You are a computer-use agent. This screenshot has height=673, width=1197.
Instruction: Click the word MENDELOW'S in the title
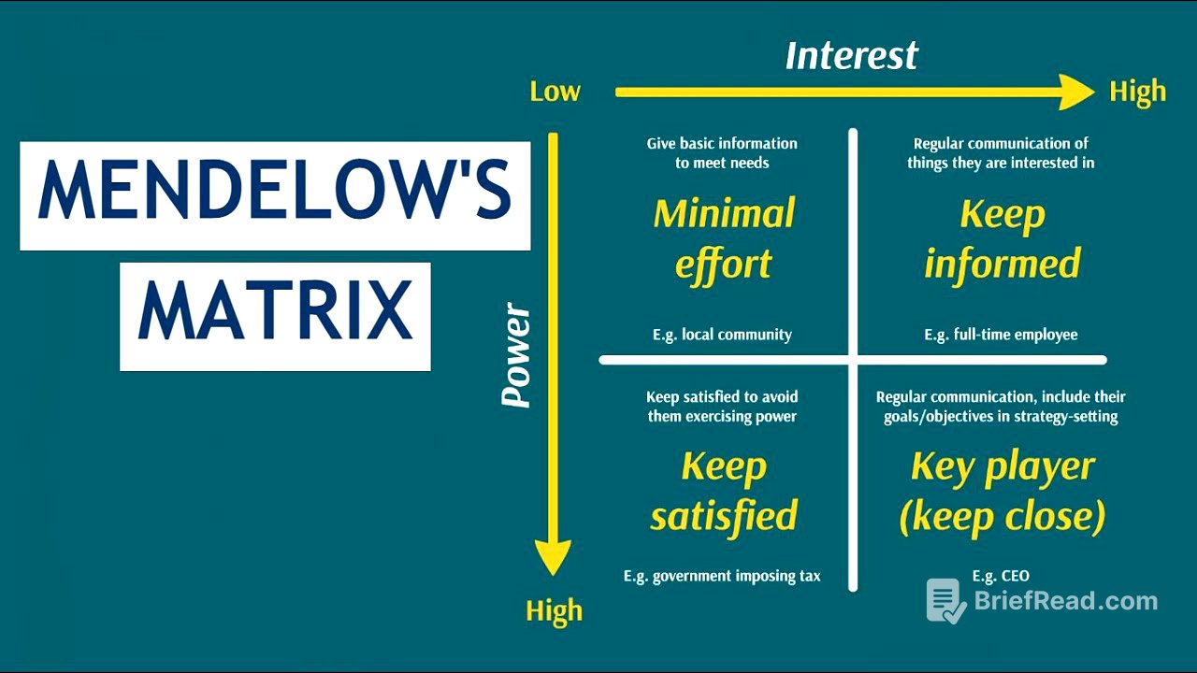tap(275, 194)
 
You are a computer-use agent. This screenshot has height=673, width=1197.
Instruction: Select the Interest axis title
tap(851, 55)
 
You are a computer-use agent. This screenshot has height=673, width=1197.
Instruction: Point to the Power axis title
tap(516, 356)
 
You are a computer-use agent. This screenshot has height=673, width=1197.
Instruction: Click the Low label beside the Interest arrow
tap(555, 92)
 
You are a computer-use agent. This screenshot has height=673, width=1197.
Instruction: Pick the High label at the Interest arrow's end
tap(1137, 92)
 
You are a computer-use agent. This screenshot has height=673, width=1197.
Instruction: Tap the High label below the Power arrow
tap(554, 611)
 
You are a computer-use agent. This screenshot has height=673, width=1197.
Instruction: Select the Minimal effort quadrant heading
tap(724, 238)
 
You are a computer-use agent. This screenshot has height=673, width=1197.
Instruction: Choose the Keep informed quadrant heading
tap(1002, 238)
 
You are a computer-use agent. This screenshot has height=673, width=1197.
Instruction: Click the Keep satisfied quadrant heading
tap(724, 491)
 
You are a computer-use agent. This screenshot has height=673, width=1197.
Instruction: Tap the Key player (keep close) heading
tap(1002, 491)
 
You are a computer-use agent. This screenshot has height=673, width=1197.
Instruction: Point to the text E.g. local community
tap(722, 335)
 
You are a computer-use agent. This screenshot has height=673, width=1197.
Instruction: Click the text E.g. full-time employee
tap(1001, 335)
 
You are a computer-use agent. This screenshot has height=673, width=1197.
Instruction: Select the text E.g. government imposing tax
tap(722, 576)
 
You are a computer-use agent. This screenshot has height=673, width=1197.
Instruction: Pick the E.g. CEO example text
tap(1001, 576)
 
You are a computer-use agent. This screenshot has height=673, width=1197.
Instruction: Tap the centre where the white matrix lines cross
tap(853, 360)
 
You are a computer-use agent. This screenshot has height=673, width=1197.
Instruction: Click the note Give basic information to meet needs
tap(722, 152)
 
